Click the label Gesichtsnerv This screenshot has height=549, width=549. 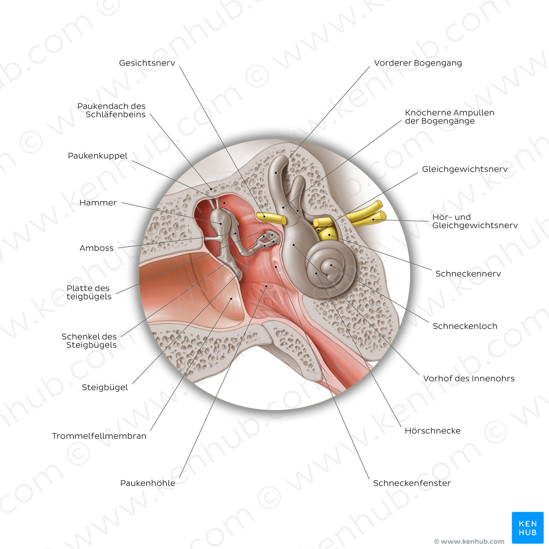coord(147,63)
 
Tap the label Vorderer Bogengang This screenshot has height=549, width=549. coord(418,63)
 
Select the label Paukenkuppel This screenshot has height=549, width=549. coord(97,156)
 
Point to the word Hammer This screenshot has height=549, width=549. coord(98,203)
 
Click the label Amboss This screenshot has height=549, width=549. coord(96,248)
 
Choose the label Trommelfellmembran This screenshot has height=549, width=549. coord(99,436)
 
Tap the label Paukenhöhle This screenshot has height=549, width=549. coord(147,483)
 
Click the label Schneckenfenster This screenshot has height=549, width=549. coord(412,483)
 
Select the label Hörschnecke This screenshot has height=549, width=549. coord(433,431)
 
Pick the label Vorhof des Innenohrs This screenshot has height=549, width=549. coord(469,378)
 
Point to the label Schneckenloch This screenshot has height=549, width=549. coord(465,326)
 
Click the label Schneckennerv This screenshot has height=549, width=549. coord(468,274)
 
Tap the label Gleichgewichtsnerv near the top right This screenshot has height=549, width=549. coord(465,169)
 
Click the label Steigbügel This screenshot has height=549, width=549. coord(105,387)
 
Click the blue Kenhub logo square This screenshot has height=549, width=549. coord(527,527)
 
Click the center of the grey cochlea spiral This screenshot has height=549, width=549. coord(331,266)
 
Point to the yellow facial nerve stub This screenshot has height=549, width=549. coord(271,218)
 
